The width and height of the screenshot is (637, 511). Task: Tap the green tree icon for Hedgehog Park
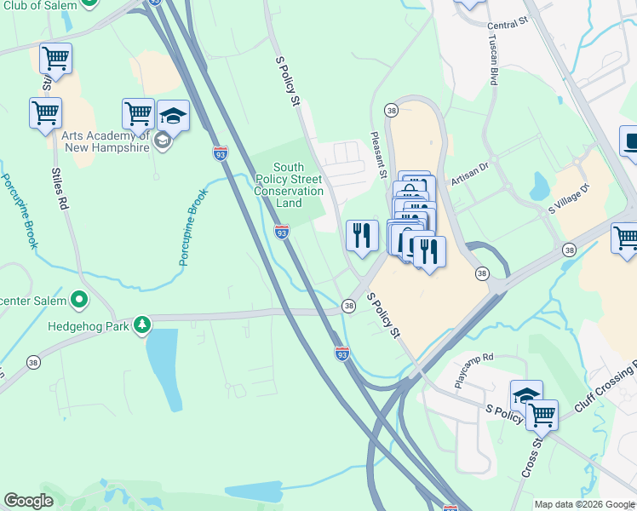143,324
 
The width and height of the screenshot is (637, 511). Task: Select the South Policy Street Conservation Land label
289,185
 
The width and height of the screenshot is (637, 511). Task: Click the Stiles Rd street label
60,189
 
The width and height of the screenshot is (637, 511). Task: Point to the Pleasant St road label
377,153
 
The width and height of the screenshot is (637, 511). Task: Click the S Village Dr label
568,198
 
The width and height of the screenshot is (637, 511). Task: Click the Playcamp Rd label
473,370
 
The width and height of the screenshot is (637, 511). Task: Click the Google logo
28,501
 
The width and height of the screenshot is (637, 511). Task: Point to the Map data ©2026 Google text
584,504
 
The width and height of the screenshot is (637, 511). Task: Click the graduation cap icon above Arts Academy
173,116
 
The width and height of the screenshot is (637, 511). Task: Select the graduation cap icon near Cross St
526,395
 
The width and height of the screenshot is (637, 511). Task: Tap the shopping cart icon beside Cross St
542,415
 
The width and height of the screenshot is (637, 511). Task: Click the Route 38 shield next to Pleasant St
391,111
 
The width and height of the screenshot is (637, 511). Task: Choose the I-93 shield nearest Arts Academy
221,153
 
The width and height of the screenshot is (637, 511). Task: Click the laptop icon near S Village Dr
630,142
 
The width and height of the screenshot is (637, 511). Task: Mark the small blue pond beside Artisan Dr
539,184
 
